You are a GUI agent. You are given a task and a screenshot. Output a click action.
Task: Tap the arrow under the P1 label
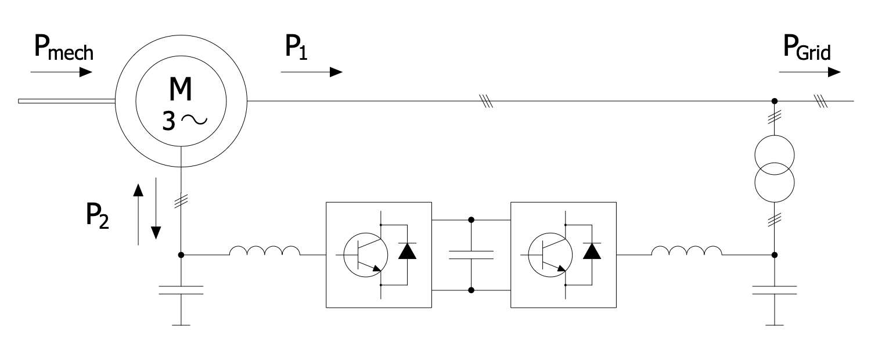point(311,72)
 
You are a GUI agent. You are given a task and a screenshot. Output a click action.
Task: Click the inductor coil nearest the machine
point(265,251)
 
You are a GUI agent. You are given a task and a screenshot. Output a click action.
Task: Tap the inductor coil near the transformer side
point(687,251)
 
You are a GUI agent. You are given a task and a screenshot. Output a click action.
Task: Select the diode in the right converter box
point(592,251)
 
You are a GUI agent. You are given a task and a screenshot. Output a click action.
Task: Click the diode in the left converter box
point(406,251)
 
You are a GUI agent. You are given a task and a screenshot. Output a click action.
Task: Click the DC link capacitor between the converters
point(471,254)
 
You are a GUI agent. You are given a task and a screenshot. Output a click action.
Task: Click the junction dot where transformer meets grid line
point(773,102)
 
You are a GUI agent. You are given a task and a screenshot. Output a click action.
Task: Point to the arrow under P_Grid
point(809,72)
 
